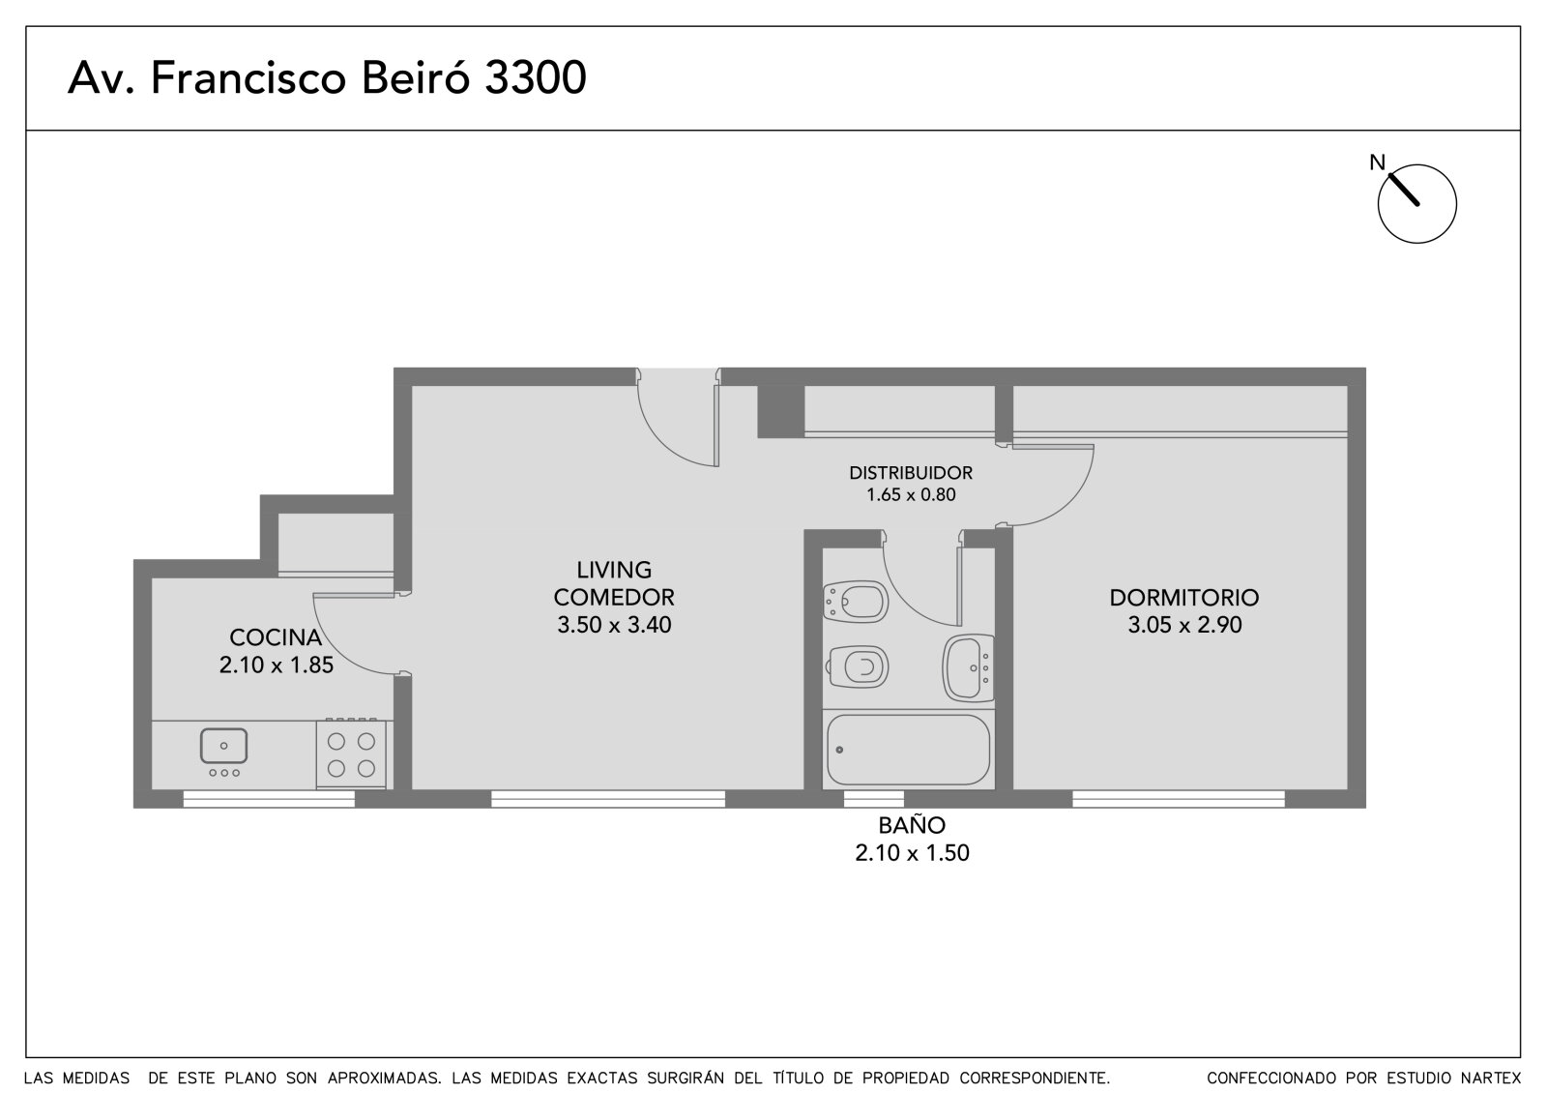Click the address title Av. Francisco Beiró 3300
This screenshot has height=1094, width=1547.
[x=327, y=77]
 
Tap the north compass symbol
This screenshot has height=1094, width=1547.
[x=1416, y=203]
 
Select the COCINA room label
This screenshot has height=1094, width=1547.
[x=276, y=637]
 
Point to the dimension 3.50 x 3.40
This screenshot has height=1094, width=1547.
[x=614, y=625]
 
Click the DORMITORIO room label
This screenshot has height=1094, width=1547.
[x=1184, y=598]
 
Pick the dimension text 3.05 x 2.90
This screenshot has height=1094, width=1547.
[x=1185, y=625]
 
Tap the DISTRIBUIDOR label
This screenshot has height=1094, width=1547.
[x=911, y=473]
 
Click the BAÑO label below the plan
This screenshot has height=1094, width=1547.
[x=912, y=825]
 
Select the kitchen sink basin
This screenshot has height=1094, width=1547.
[x=223, y=746]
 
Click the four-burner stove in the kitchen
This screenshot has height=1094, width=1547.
[x=351, y=754]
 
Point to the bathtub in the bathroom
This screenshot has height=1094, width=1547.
[x=908, y=750]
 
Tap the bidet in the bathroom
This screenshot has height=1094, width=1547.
[x=856, y=602]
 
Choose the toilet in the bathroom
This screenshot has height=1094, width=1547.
[x=857, y=666]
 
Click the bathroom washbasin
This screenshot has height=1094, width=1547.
[x=968, y=668]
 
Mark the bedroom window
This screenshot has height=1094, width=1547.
[x=1179, y=799]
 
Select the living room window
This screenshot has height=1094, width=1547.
[x=608, y=799]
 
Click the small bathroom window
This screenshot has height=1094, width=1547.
[x=874, y=799]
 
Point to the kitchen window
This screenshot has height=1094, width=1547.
[x=269, y=799]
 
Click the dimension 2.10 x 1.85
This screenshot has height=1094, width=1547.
[x=277, y=665]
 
